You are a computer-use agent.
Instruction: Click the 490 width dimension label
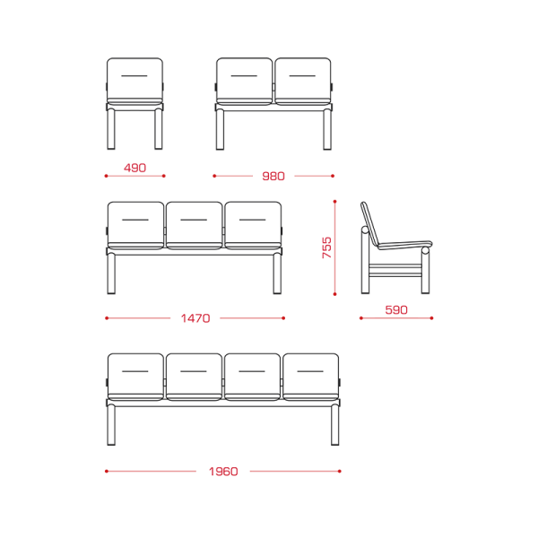[134, 168]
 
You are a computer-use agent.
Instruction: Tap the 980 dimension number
[273, 177]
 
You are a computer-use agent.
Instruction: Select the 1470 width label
[195, 318]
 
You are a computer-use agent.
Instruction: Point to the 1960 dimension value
[223, 472]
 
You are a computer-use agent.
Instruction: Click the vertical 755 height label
[327, 247]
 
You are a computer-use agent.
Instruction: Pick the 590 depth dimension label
[396, 310]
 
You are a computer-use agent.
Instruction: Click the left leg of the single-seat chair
[111, 129]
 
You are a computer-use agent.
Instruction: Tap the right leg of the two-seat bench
[327, 129]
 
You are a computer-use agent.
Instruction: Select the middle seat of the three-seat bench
[195, 225]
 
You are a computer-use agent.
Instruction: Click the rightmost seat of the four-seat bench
[311, 377]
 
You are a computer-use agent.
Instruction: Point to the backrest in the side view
[369, 223]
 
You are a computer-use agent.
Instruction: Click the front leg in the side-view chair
[425, 271]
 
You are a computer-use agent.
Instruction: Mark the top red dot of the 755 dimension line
[334, 202]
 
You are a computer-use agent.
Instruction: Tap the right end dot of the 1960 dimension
[339, 471]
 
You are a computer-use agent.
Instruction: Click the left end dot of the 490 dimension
[107, 176]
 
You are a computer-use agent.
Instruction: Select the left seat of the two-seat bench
[244, 82]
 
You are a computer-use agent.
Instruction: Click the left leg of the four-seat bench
[111, 425]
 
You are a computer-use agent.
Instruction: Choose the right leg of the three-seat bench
[277, 273]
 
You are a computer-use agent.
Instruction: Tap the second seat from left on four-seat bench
[194, 377]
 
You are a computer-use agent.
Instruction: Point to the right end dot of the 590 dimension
[431, 318]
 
